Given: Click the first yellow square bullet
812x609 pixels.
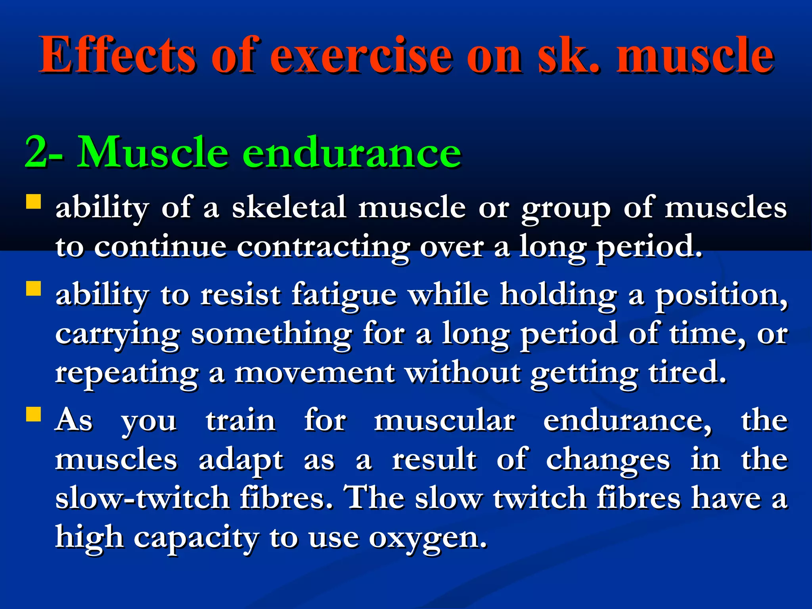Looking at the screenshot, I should click(34, 201).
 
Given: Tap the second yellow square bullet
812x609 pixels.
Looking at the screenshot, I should click(34, 289).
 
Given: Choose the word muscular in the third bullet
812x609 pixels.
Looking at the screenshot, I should click(444, 421).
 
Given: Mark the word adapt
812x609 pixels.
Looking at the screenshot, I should click(241, 460).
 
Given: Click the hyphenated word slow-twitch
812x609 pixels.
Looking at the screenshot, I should click(142, 498).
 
